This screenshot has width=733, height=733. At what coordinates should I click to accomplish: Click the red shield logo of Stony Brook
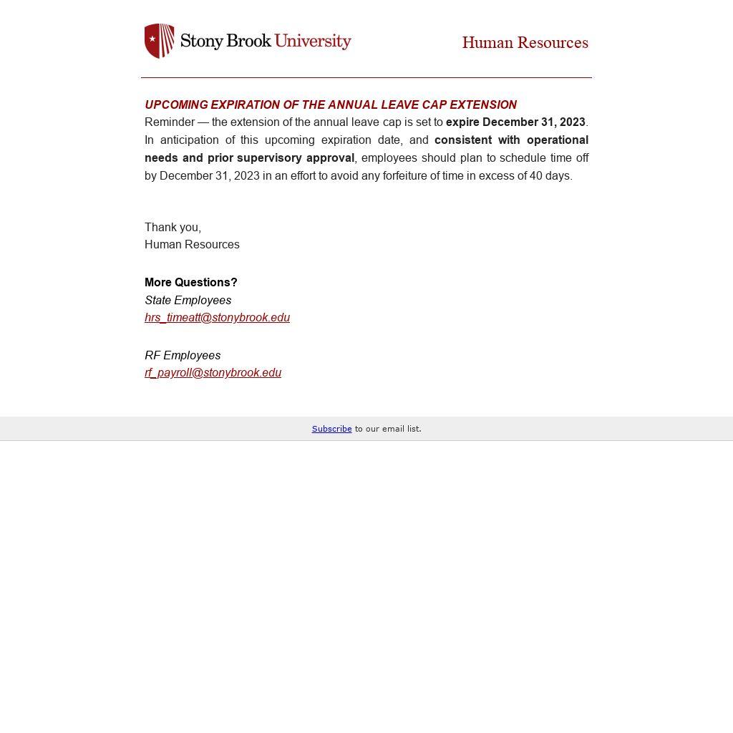159,41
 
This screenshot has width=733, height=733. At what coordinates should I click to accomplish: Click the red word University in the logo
313,41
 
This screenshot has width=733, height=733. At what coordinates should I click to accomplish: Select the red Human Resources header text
525,43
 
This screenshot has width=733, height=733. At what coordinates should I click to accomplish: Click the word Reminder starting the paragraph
170,122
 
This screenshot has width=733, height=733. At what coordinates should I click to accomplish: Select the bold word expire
462,122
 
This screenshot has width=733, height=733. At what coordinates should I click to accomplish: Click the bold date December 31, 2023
534,122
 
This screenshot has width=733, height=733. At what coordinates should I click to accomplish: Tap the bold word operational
558,140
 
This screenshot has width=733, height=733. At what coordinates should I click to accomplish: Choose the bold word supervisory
270,158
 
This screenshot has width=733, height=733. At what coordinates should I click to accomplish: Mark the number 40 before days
535,176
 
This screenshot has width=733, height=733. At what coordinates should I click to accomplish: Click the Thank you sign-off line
173,228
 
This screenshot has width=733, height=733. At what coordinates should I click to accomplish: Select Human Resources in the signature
192,245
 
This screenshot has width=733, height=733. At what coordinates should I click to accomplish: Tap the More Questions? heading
190,283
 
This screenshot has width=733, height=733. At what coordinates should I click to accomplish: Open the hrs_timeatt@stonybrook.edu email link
217,318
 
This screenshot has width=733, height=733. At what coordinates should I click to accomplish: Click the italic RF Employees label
183,356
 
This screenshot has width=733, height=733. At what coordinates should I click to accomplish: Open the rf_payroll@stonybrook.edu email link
213,373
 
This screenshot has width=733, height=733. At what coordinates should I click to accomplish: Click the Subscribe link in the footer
331,429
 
